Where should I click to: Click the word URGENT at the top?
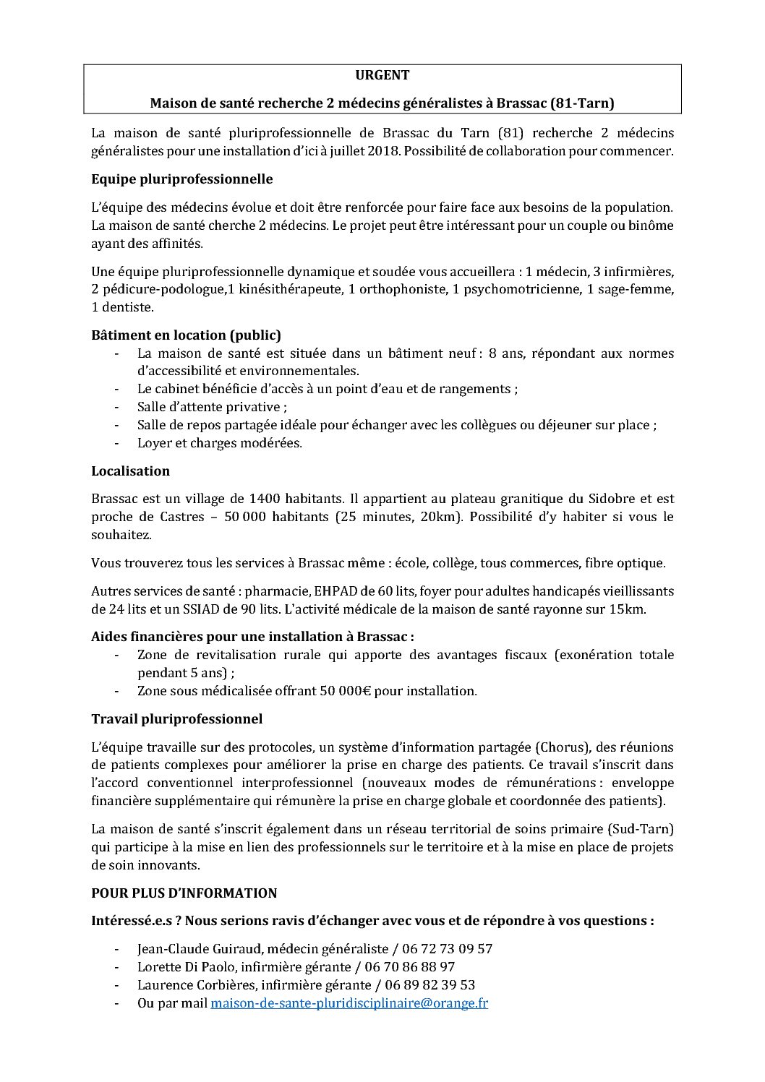[382, 75]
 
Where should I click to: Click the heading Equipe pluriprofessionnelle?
[181, 179]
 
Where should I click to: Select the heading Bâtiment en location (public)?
[186, 335]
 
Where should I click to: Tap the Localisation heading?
[130, 471]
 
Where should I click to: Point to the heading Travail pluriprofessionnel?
[176, 719]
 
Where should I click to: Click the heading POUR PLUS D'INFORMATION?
[184, 893]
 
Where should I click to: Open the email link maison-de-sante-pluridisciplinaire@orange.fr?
[349, 1003]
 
